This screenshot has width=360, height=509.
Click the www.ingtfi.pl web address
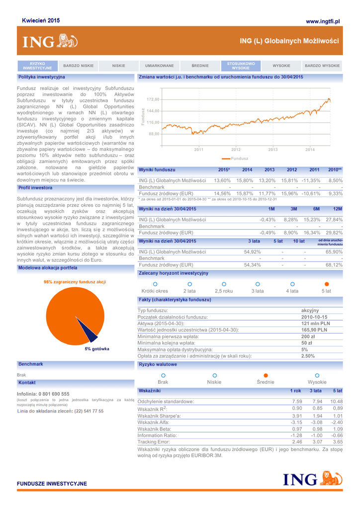click(x=322, y=21)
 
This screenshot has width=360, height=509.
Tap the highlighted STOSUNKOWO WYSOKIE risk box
click(x=241, y=66)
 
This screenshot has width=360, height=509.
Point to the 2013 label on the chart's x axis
click(x=272, y=149)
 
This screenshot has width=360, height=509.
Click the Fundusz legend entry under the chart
click(x=239, y=158)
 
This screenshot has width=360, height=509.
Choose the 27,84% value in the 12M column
click(x=334, y=219)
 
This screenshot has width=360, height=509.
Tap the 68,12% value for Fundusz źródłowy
click(x=334, y=265)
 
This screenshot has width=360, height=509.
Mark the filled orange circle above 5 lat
click(x=326, y=284)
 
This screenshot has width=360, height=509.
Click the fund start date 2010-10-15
click(x=315, y=317)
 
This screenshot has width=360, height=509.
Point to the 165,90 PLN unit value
click(x=315, y=330)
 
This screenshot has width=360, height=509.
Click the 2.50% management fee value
click(x=308, y=355)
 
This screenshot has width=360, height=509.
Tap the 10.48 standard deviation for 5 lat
click(x=337, y=401)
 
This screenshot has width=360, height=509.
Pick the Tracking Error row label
click(x=154, y=441)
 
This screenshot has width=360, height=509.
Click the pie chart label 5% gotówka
click(x=97, y=349)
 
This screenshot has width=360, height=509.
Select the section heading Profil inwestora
click(x=35, y=188)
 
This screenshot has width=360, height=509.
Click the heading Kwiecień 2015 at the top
click(x=41, y=20)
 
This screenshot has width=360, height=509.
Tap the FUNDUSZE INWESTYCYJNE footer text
click(x=52, y=483)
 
